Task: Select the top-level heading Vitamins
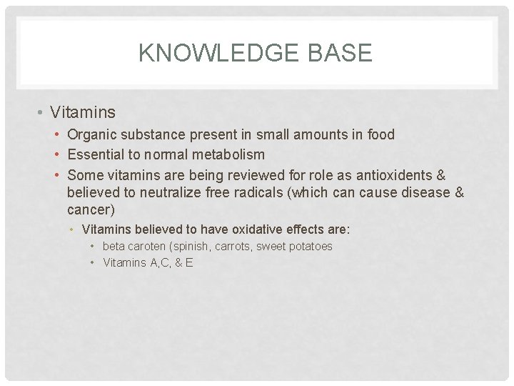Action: coord(84,112)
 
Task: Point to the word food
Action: coord(381,134)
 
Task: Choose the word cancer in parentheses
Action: coord(89,210)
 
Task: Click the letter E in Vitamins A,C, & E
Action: coord(188,263)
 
